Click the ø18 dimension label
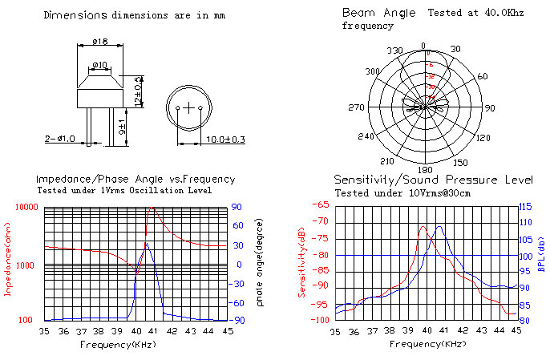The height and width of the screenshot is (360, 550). coord(99,41)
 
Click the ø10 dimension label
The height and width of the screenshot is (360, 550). coord(100,64)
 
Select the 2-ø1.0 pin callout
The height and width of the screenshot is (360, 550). coord(60,138)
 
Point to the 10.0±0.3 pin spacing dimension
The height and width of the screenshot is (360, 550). coord(204,139)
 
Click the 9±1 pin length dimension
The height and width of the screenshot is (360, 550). coord(122,127)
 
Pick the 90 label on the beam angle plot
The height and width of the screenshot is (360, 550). coord(490,107)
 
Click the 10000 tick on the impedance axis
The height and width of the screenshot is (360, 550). coord(27,207)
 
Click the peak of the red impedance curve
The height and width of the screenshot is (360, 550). coord(151,208)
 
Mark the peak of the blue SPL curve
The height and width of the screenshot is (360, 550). coord(439,226)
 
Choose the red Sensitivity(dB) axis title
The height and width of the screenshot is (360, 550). coord(303,261)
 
